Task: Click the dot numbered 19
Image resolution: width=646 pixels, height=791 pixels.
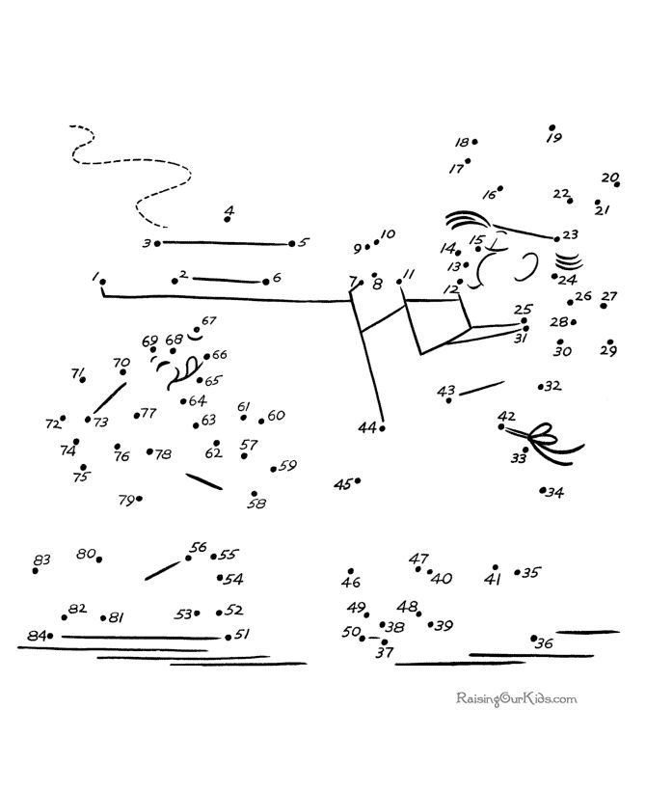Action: click(x=552, y=127)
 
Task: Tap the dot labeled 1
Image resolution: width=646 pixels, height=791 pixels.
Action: click(x=103, y=282)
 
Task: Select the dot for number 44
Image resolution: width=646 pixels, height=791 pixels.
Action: click(x=383, y=427)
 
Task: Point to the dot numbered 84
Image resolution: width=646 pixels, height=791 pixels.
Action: click(x=50, y=636)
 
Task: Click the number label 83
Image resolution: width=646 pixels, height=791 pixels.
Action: click(x=40, y=559)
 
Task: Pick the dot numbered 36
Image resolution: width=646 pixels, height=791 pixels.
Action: click(x=534, y=638)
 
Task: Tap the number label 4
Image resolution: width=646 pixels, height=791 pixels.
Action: click(x=229, y=209)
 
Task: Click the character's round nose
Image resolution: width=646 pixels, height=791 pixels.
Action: click(x=528, y=261)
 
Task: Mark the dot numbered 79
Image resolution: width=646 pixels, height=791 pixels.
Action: click(x=141, y=499)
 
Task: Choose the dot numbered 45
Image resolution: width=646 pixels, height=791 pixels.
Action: click(x=358, y=480)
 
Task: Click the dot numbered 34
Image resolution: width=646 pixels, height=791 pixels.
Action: click(x=543, y=490)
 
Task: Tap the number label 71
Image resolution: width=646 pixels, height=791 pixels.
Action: click(x=77, y=373)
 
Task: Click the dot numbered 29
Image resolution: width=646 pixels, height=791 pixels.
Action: click(x=611, y=341)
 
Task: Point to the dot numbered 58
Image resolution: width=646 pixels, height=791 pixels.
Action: click(x=254, y=493)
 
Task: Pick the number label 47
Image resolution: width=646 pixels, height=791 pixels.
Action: click(x=418, y=559)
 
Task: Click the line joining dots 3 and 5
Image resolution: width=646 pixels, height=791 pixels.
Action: click(x=224, y=243)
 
